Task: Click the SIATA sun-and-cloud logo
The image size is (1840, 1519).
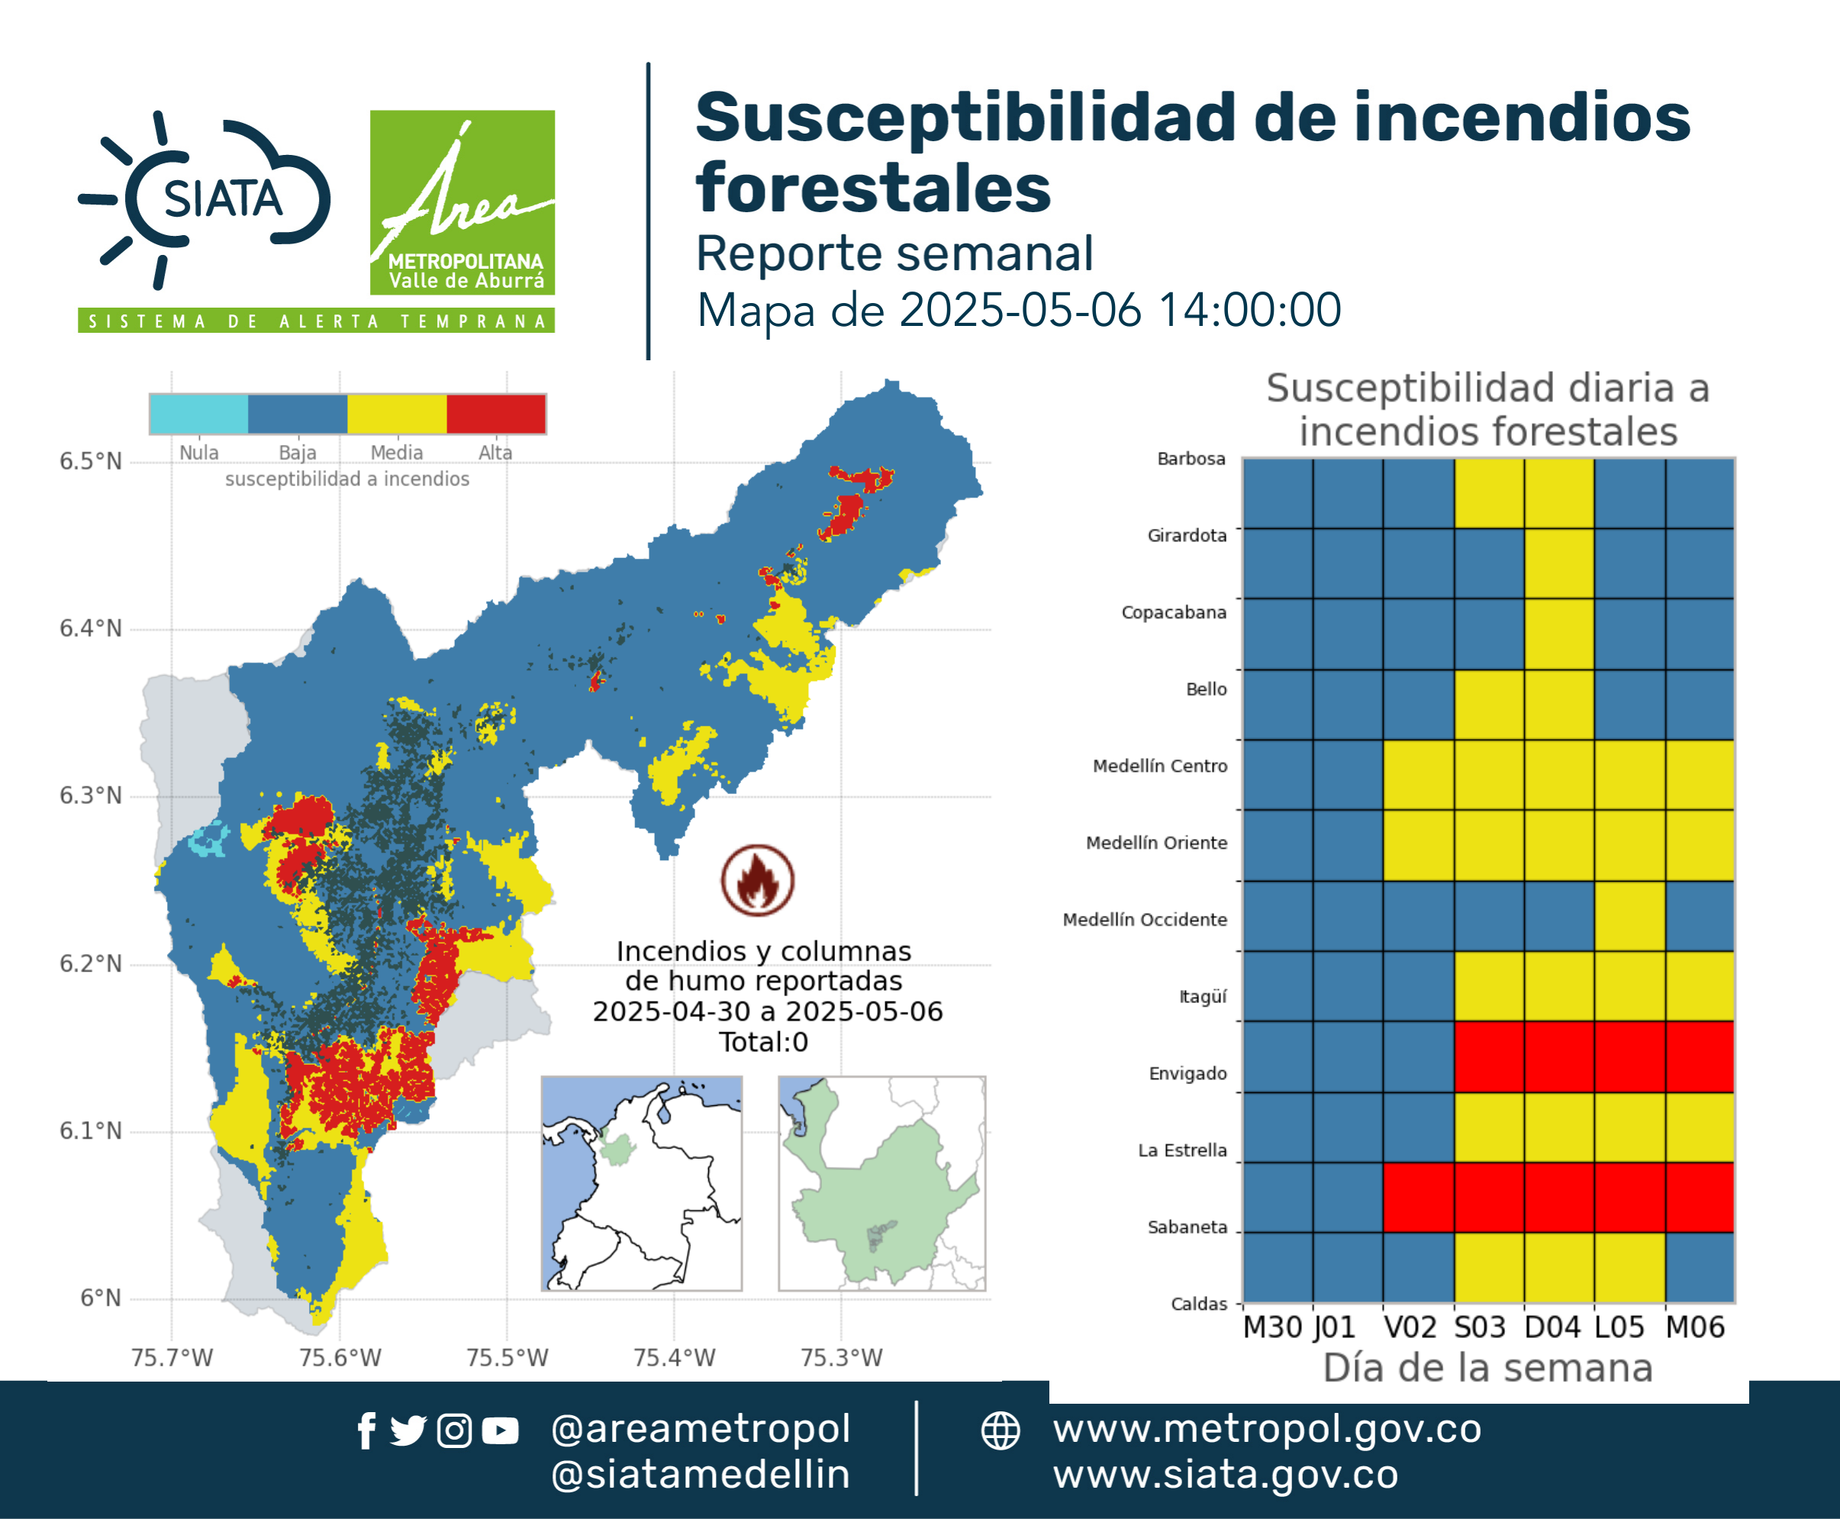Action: coord(205,199)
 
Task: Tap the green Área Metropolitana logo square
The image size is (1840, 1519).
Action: coord(462,202)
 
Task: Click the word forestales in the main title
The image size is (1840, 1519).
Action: coord(873,188)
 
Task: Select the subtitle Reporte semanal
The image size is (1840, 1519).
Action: coord(894,253)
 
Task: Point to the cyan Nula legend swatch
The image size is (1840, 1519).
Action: coord(198,414)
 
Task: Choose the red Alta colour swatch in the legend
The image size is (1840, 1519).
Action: coord(496,414)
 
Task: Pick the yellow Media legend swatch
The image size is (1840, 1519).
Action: coord(397,414)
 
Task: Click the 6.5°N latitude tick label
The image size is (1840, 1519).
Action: coord(90,461)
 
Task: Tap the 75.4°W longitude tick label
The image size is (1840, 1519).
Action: coord(674,1357)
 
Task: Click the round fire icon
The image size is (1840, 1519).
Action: coord(758,880)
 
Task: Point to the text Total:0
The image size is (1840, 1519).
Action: coord(763,1042)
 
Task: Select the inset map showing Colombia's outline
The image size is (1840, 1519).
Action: coord(641,1183)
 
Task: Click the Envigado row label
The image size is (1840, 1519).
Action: coord(1187,1074)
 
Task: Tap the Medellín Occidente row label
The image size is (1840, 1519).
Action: coord(1145,920)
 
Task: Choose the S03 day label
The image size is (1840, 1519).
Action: coord(1480,1327)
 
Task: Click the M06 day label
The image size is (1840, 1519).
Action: coord(1695,1327)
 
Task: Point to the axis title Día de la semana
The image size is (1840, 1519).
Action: coord(1487,1369)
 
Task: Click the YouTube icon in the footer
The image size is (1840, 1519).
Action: coord(500,1431)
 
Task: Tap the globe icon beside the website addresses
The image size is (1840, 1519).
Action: coord(1000,1431)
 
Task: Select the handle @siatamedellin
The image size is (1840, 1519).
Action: coord(701,1475)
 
